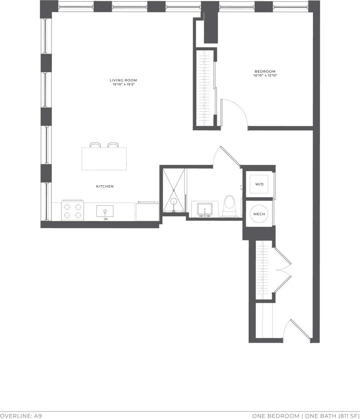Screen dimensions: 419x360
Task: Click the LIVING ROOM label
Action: (123, 80)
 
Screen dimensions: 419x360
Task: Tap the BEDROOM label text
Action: (265, 71)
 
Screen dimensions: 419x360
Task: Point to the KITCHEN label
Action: (105, 186)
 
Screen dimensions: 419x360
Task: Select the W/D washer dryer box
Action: (259, 184)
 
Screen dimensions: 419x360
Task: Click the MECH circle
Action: (259, 214)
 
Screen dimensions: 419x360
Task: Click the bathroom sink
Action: (205, 209)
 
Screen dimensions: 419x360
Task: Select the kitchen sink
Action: (105, 211)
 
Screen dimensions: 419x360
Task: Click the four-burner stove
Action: (73, 210)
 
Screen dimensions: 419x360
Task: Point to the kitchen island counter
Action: (104, 159)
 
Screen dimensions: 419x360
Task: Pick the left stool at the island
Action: (95, 145)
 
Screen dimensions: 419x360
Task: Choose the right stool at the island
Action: (113, 145)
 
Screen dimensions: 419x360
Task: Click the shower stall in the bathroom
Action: (174, 190)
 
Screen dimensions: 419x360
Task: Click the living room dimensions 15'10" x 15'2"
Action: (123, 84)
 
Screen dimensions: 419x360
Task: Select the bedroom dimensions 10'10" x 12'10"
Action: (265, 75)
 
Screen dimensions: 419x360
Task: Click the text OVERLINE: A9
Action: (21, 416)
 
